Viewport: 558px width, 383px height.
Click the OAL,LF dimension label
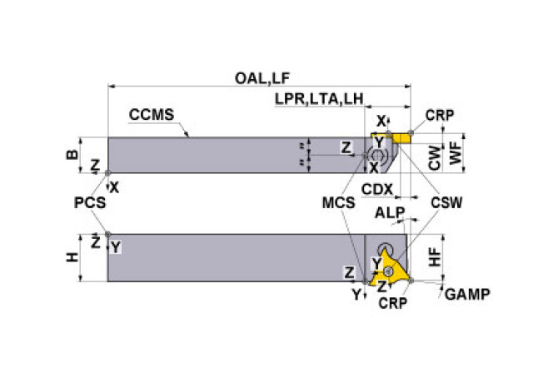(x=262, y=78)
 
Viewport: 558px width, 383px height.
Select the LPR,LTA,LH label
(x=319, y=99)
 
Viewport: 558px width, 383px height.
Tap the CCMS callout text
(x=152, y=115)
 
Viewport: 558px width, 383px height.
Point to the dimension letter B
(x=72, y=154)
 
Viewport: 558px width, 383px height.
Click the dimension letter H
(x=72, y=257)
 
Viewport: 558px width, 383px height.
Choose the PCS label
(x=90, y=202)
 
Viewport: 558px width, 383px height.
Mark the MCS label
(x=338, y=202)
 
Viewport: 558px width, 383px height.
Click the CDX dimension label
(x=377, y=190)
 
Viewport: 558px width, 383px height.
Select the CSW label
(x=446, y=202)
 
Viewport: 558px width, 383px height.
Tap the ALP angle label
(x=390, y=213)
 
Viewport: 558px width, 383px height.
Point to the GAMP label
(x=467, y=295)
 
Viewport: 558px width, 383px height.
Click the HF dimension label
(x=435, y=257)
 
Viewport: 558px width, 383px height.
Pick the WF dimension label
(x=456, y=153)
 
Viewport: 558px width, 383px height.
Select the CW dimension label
(x=435, y=157)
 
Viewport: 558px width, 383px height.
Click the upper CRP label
(x=440, y=115)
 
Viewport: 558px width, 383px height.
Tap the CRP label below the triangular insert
(x=393, y=303)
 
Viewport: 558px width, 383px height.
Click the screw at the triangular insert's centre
(x=388, y=271)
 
